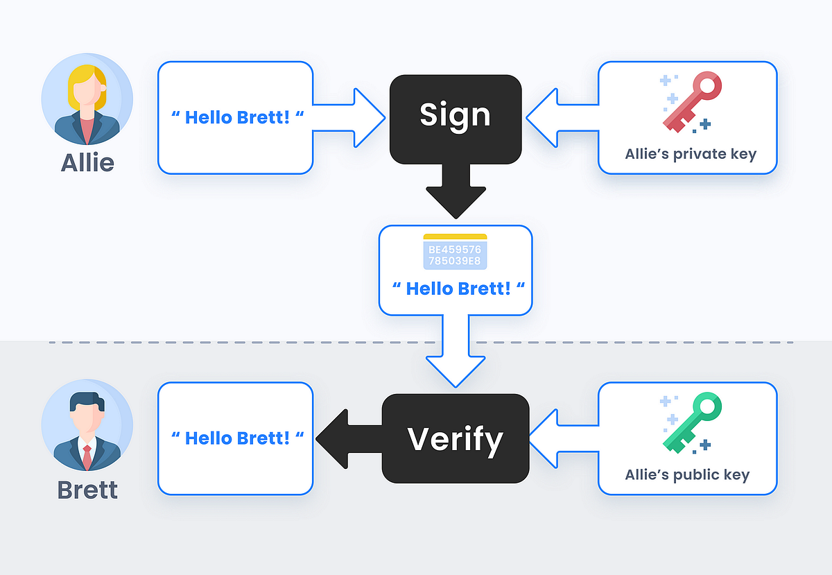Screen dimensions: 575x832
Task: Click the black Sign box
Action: coord(455,117)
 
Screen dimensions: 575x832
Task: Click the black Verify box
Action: coord(455,438)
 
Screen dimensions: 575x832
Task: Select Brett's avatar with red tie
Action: coord(87,424)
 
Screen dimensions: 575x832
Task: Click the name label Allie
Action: coord(87,162)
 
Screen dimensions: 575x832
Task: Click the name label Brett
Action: coord(87,490)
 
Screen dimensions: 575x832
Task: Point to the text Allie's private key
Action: coord(690,154)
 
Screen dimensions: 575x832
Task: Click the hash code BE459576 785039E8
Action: coord(455,255)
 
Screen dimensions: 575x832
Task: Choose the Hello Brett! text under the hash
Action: coord(458,288)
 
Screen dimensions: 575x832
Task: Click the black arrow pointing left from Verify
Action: coord(343,438)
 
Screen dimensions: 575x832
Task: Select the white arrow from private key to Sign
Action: coord(558,117)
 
